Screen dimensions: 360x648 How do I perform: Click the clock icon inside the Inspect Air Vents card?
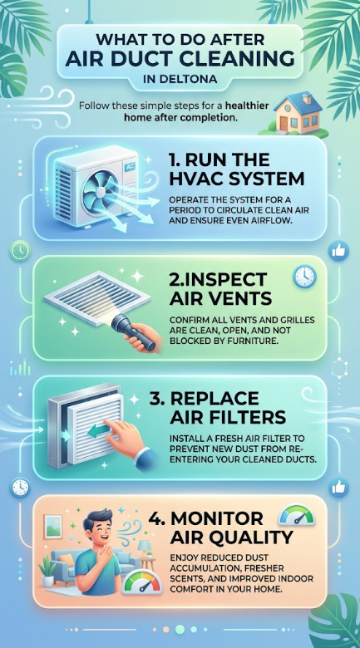click(x=304, y=277)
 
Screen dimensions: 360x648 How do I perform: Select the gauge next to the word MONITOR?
click(x=296, y=516)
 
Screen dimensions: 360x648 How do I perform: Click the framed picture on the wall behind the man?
click(x=53, y=527)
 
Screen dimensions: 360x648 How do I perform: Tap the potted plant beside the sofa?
click(x=47, y=570)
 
